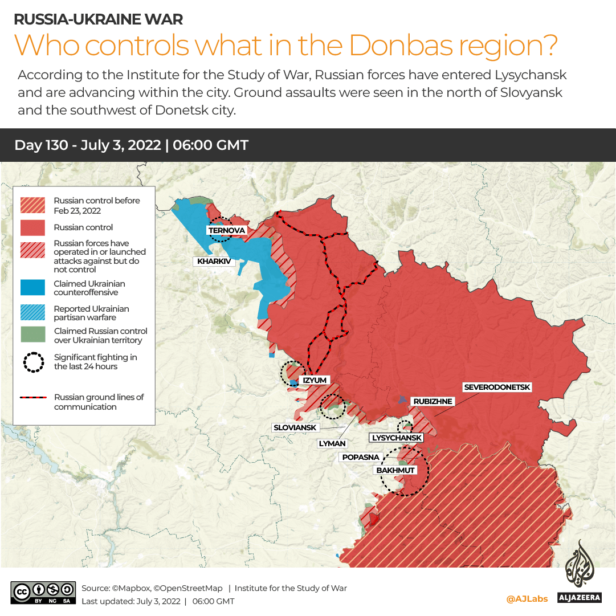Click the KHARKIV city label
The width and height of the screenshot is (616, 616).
[x=214, y=262]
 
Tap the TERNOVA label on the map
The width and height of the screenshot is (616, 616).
[x=227, y=230]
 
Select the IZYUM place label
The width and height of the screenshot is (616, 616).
[x=315, y=380]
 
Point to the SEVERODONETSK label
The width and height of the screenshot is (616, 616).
[x=497, y=387]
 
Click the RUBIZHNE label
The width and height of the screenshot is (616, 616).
[x=433, y=401]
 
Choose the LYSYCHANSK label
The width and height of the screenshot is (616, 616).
[x=397, y=438]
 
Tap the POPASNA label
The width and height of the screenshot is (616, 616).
[x=361, y=457]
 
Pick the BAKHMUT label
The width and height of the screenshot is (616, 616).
[x=395, y=470]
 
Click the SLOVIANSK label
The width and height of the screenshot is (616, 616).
[x=295, y=427]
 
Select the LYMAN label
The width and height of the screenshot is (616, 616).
[x=332, y=443]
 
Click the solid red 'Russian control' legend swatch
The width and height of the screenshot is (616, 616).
[x=32, y=227]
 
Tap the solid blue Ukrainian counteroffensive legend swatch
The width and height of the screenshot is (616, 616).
[x=32, y=288]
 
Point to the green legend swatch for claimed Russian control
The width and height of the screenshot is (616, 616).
[x=32, y=335]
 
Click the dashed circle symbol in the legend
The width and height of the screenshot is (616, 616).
[x=33, y=362]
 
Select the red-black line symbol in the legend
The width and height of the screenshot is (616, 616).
[x=33, y=398]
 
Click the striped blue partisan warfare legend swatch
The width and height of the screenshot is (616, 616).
[x=32, y=313]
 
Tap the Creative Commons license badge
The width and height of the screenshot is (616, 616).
[x=43, y=593]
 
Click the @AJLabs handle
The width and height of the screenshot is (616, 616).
[x=527, y=599]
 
